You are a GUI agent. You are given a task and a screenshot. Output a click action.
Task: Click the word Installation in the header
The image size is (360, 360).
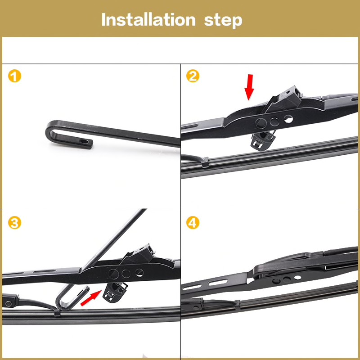[x=148, y=19]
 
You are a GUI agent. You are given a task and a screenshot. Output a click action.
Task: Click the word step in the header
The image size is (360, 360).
[x=223, y=21]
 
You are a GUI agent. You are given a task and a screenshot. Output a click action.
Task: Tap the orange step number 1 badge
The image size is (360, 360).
[x=14, y=76]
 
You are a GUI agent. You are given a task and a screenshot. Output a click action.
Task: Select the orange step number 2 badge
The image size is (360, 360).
[x=193, y=76]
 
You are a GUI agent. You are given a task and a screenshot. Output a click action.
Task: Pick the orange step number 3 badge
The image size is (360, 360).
[x=14, y=223]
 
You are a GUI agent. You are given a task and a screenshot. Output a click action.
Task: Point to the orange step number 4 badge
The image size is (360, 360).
[x=193, y=223]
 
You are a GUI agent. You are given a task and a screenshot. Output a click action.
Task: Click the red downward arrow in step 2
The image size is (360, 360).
[x=249, y=87]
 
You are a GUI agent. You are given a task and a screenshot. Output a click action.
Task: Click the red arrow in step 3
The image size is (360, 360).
[x=91, y=298]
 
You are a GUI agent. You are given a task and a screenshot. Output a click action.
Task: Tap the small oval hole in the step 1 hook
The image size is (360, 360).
[x=84, y=141]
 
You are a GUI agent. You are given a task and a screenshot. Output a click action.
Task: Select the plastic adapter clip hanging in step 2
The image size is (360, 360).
[x=263, y=140]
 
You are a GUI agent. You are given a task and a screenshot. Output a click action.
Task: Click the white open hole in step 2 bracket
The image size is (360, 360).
[x=288, y=119]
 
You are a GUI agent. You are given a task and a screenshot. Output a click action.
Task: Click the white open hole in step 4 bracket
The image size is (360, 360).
[x=298, y=278]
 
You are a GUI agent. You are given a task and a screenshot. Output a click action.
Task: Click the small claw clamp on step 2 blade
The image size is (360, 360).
[x=205, y=162]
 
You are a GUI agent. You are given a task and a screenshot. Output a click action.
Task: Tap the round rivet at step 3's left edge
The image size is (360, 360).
[x=9, y=303]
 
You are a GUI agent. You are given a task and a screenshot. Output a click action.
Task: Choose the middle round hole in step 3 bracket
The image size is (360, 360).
[x=126, y=274]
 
